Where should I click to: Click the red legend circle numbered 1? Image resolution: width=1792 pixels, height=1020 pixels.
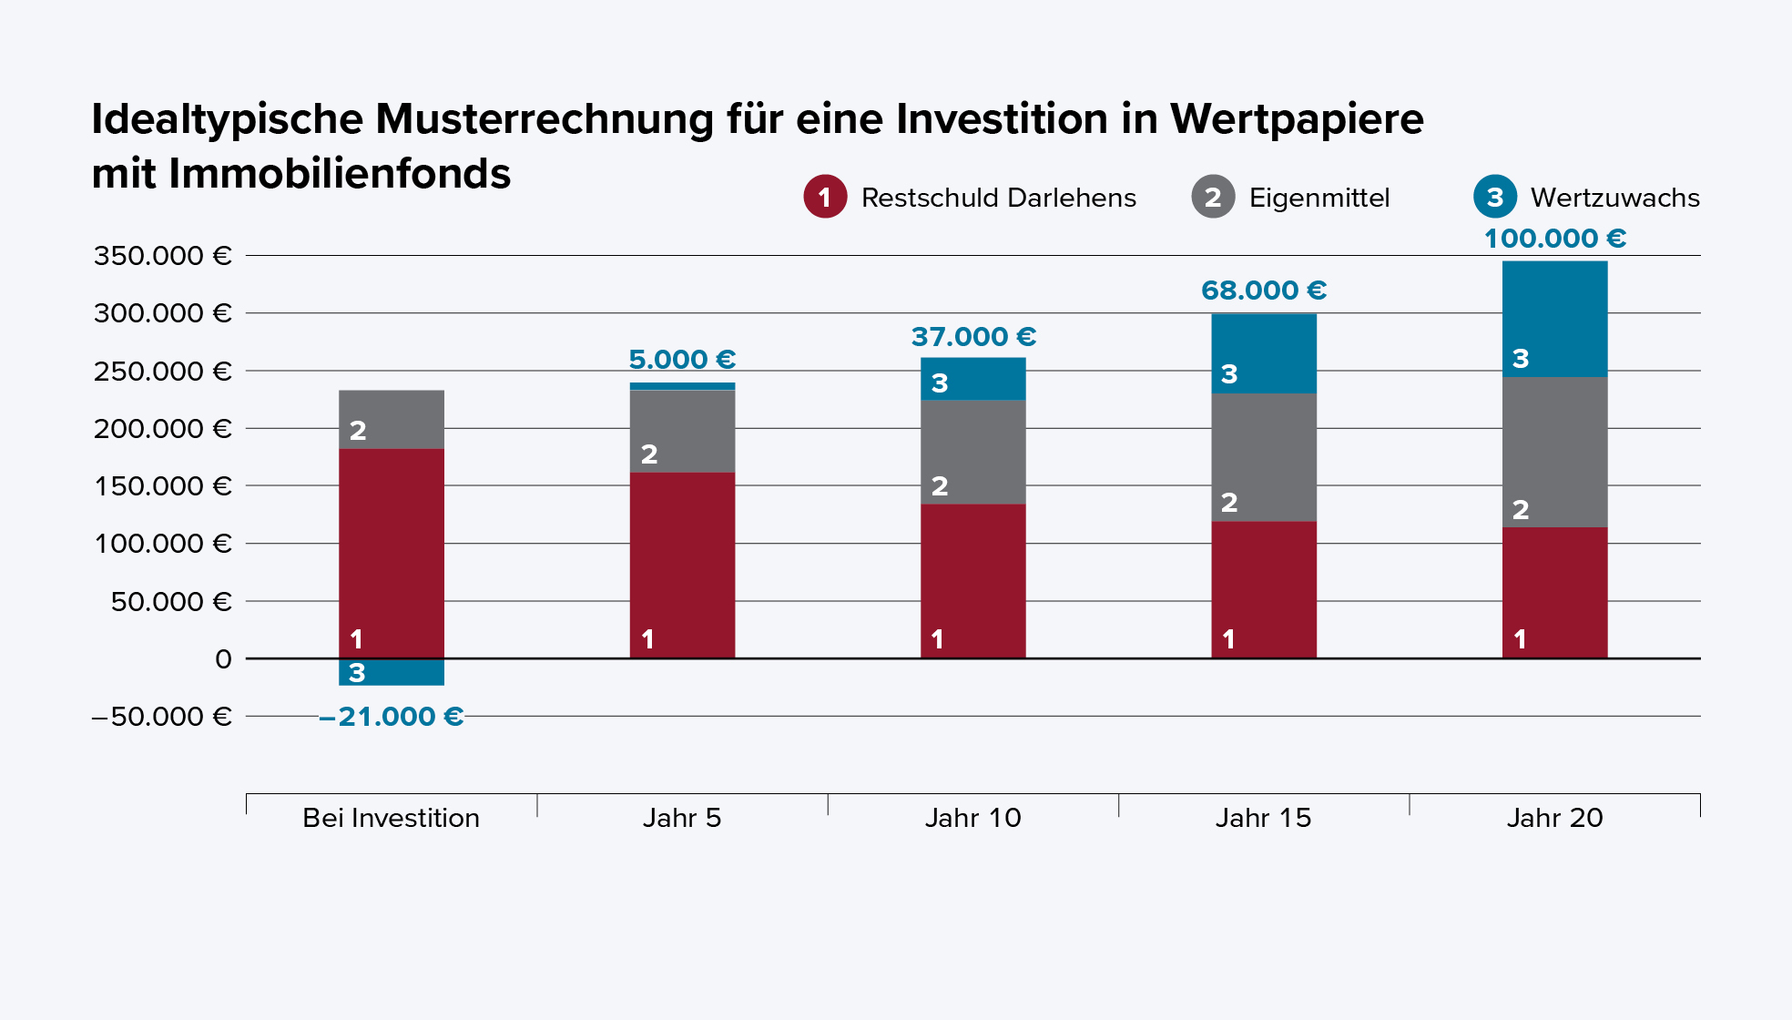click(x=825, y=197)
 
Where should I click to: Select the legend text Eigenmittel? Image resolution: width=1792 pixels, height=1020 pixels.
click(x=1319, y=198)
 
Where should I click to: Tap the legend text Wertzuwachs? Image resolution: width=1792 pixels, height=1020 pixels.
click(x=1614, y=198)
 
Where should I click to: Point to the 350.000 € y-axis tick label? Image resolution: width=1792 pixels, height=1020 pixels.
click(x=163, y=256)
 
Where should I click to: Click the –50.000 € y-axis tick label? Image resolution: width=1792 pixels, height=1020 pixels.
click(x=161, y=717)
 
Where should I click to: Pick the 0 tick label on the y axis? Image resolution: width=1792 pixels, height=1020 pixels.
click(x=223, y=659)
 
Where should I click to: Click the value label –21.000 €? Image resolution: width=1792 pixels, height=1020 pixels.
click(x=392, y=717)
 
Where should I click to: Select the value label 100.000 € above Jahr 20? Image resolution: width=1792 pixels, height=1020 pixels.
click(x=1554, y=239)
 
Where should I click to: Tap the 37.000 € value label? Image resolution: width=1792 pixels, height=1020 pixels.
click(x=973, y=337)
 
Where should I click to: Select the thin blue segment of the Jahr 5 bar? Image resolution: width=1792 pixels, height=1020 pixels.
click(x=682, y=386)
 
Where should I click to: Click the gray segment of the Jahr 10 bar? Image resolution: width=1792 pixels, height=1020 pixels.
click(x=972, y=452)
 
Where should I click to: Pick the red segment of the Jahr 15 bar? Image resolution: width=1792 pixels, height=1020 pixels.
click(x=1264, y=589)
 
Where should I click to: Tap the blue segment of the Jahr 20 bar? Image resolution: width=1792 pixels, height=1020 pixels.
click(x=1554, y=319)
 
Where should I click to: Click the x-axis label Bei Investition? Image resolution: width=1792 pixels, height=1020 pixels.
click(x=391, y=818)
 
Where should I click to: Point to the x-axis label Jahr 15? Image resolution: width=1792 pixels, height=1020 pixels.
click(x=1263, y=818)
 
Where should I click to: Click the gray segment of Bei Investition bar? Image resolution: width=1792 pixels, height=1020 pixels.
click(x=392, y=420)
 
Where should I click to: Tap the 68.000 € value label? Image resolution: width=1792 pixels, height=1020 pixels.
click(x=1263, y=291)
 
